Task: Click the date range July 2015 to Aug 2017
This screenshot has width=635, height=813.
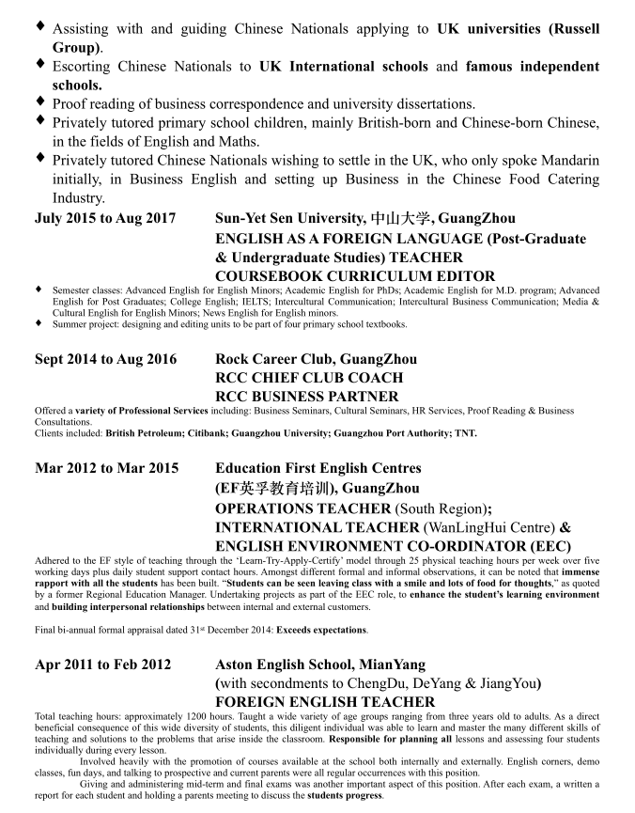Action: point(104,218)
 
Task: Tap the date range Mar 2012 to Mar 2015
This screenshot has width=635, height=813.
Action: point(103,468)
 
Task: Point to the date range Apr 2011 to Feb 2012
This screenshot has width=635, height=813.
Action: point(102,665)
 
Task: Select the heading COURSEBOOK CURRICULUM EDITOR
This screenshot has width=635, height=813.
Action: point(355,276)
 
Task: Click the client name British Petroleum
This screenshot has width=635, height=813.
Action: point(143,433)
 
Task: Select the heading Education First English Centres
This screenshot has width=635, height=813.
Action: point(318,468)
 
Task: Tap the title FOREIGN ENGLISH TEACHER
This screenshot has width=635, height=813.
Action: point(325,703)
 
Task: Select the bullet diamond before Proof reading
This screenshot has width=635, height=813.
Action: point(39,102)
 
